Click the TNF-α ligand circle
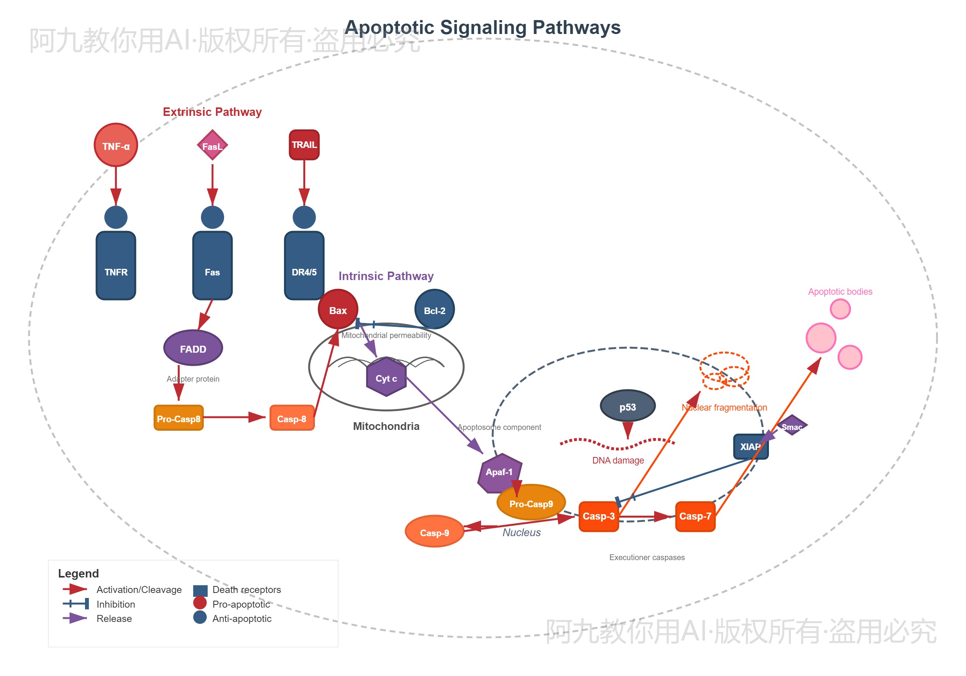coord(116,145)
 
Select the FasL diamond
coord(213,146)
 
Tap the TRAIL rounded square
coord(304,145)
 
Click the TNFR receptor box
coord(116,265)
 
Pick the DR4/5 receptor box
coord(304,265)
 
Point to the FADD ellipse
coord(193,348)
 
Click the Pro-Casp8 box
coord(179,418)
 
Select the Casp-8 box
coord(292,418)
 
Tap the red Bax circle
coord(338,309)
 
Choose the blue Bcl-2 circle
coord(435,309)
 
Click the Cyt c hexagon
coord(386,377)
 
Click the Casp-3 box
coord(599,516)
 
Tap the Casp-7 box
coord(695,516)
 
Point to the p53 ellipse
coord(628,406)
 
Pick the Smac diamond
coord(792,426)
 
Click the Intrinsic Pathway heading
coord(386,276)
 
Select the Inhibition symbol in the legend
coord(76,604)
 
